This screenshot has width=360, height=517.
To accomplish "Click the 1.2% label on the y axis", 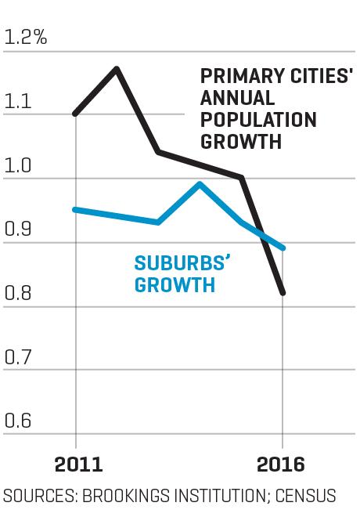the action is tap(26, 37).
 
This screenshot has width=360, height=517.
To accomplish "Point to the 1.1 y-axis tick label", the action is tap(18, 101).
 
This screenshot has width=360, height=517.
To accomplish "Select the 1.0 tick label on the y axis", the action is tap(18, 165).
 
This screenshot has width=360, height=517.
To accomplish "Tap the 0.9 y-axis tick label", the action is tap(18, 229).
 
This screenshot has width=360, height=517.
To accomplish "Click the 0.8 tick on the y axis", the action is tap(18, 293).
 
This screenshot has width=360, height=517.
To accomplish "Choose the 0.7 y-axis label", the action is tap(18, 356).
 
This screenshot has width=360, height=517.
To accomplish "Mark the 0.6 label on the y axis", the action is tap(18, 420).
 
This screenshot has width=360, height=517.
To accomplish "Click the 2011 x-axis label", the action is tap(78, 465).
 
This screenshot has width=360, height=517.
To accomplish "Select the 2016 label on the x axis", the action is tap(281, 465).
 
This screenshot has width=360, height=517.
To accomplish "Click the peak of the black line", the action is tap(117, 69).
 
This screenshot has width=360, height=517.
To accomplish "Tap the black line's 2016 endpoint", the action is tap(283, 292).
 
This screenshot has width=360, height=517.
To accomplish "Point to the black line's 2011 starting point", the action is tap(75, 114).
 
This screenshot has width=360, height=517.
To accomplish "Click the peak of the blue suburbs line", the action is tap(200, 183).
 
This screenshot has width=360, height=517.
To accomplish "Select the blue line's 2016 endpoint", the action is tap(283, 248).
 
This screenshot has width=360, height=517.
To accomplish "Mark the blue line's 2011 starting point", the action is tap(75, 210).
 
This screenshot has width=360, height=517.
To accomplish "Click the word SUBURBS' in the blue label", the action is tap(182, 263).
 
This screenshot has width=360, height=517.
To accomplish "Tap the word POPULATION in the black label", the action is tap(258, 120).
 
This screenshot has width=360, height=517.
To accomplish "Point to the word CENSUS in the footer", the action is tap(306, 496).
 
